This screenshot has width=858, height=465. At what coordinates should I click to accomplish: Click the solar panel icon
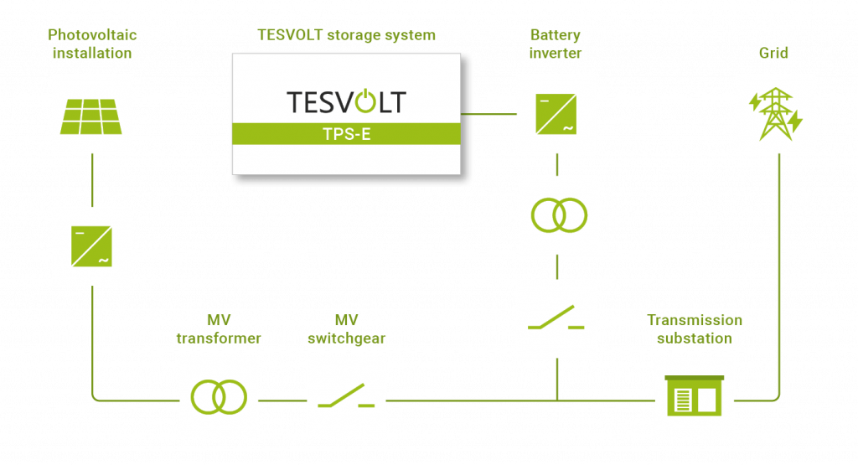[92, 114]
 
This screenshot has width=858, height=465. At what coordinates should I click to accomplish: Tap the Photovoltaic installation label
[92, 44]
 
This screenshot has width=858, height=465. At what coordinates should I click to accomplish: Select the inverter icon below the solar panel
[92, 246]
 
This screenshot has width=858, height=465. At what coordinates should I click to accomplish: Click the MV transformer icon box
[220, 397]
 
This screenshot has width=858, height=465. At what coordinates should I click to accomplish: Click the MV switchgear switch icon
[347, 397]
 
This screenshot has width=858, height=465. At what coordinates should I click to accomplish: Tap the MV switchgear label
[347, 329]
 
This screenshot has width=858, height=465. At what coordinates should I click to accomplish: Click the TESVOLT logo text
[345, 102]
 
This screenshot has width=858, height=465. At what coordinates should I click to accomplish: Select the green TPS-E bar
[345, 133]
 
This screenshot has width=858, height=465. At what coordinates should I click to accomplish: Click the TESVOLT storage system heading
[345, 36]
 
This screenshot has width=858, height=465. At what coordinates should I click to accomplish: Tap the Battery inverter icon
[556, 114]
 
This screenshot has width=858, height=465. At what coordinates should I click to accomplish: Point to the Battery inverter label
[556, 44]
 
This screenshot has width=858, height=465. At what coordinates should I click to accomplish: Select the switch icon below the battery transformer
[557, 318]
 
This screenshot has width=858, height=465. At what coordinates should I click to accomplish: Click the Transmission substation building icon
[694, 397]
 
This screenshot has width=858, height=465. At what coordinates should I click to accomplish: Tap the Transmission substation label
[695, 329]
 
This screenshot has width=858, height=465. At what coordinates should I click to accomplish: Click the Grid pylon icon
[775, 114]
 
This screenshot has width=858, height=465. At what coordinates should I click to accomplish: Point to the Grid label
[774, 54]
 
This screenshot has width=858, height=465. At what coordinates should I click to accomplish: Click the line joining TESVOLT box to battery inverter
[488, 114]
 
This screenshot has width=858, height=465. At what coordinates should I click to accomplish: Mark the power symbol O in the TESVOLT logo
[364, 102]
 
